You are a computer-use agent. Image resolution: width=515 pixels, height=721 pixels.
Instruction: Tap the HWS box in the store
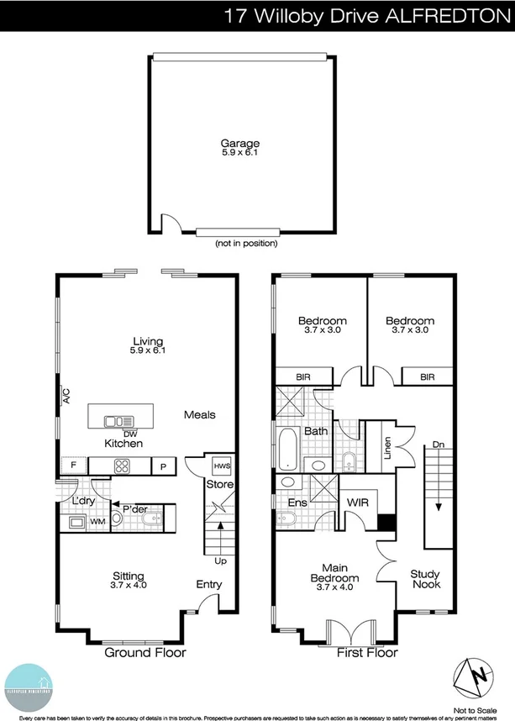pyautogui.click(x=222, y=466)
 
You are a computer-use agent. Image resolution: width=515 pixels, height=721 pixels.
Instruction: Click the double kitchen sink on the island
pyautogui.click(x=113, y=421)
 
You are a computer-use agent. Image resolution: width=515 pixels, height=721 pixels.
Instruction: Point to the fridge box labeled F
pyautogui.click(x=74, y=466)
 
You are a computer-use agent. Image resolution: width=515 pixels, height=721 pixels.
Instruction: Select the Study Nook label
pyautogui.click(x=425, y=579)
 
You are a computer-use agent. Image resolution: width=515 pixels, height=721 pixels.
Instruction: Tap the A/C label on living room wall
pyautogui.click(x=66, y=395)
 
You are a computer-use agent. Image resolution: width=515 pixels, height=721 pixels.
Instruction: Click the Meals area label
pyautogui.click(x=200, y=414)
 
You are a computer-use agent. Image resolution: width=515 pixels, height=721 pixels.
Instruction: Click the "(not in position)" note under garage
pyautogui.click(x=246, y=243)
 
